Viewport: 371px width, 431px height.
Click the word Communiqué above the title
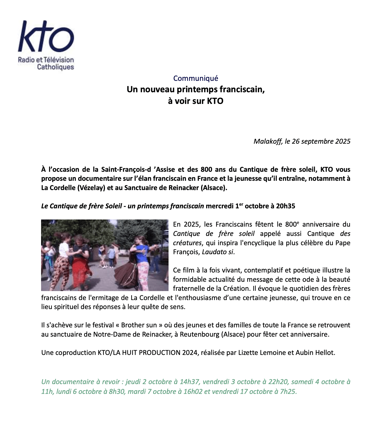[x=196, y=78]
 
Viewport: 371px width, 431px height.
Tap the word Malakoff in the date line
[x=268, y=141]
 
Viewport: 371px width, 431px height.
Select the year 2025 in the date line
[x=343, y=141]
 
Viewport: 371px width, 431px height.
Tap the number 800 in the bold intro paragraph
[x=206, y=169]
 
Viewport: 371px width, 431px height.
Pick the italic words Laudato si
[x=218, y=252]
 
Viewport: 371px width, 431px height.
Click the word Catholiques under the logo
[x=55, y=67]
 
